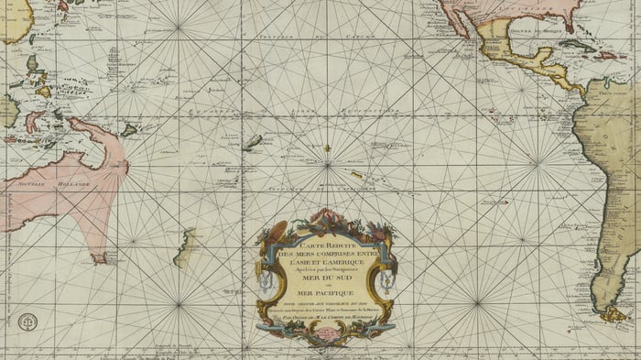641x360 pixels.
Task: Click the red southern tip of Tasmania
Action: (x=99, y=259)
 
